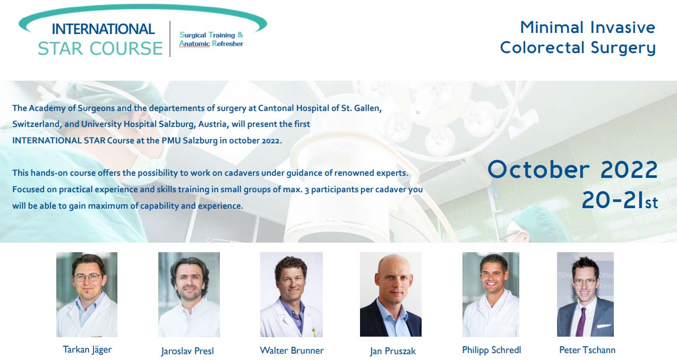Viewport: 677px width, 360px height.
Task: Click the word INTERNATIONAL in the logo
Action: (103, 29)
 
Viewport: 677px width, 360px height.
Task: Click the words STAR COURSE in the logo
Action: (100, 48)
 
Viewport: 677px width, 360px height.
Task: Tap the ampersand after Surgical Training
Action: (241, 35)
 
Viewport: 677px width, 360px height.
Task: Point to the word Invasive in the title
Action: (623, 28)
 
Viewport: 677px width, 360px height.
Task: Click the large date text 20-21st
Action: (620, 200)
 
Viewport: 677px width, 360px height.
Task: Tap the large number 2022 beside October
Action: (629, 169)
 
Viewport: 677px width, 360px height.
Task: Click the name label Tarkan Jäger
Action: (87, 350)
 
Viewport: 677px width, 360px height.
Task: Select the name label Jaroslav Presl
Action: (187, 351)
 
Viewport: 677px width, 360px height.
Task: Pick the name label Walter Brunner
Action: (292, 350)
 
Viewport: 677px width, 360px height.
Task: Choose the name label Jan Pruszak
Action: (392, 351)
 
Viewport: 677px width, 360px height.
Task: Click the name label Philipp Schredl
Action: (492, 350)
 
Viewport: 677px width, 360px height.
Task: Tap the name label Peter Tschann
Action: (587, 350)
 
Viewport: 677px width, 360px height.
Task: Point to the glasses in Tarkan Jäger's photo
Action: (88, 278)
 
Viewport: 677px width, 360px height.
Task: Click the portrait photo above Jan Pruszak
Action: (390, 294)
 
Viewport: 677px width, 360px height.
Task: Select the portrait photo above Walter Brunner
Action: (292, 294)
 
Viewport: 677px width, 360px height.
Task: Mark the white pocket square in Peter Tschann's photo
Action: (603, 326)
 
